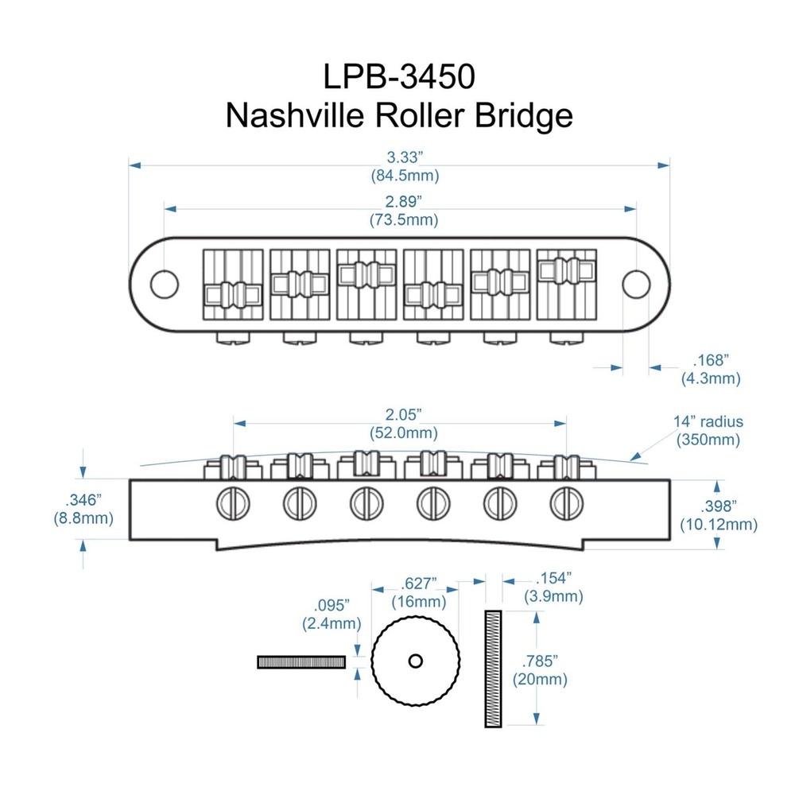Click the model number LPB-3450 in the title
(399, 76)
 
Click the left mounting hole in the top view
(164, 283)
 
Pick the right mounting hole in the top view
(636, 283)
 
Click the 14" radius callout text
(708, 422)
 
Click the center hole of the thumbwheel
(416, 660)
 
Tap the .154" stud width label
(554, 580)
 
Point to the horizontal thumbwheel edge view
(301, 661)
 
